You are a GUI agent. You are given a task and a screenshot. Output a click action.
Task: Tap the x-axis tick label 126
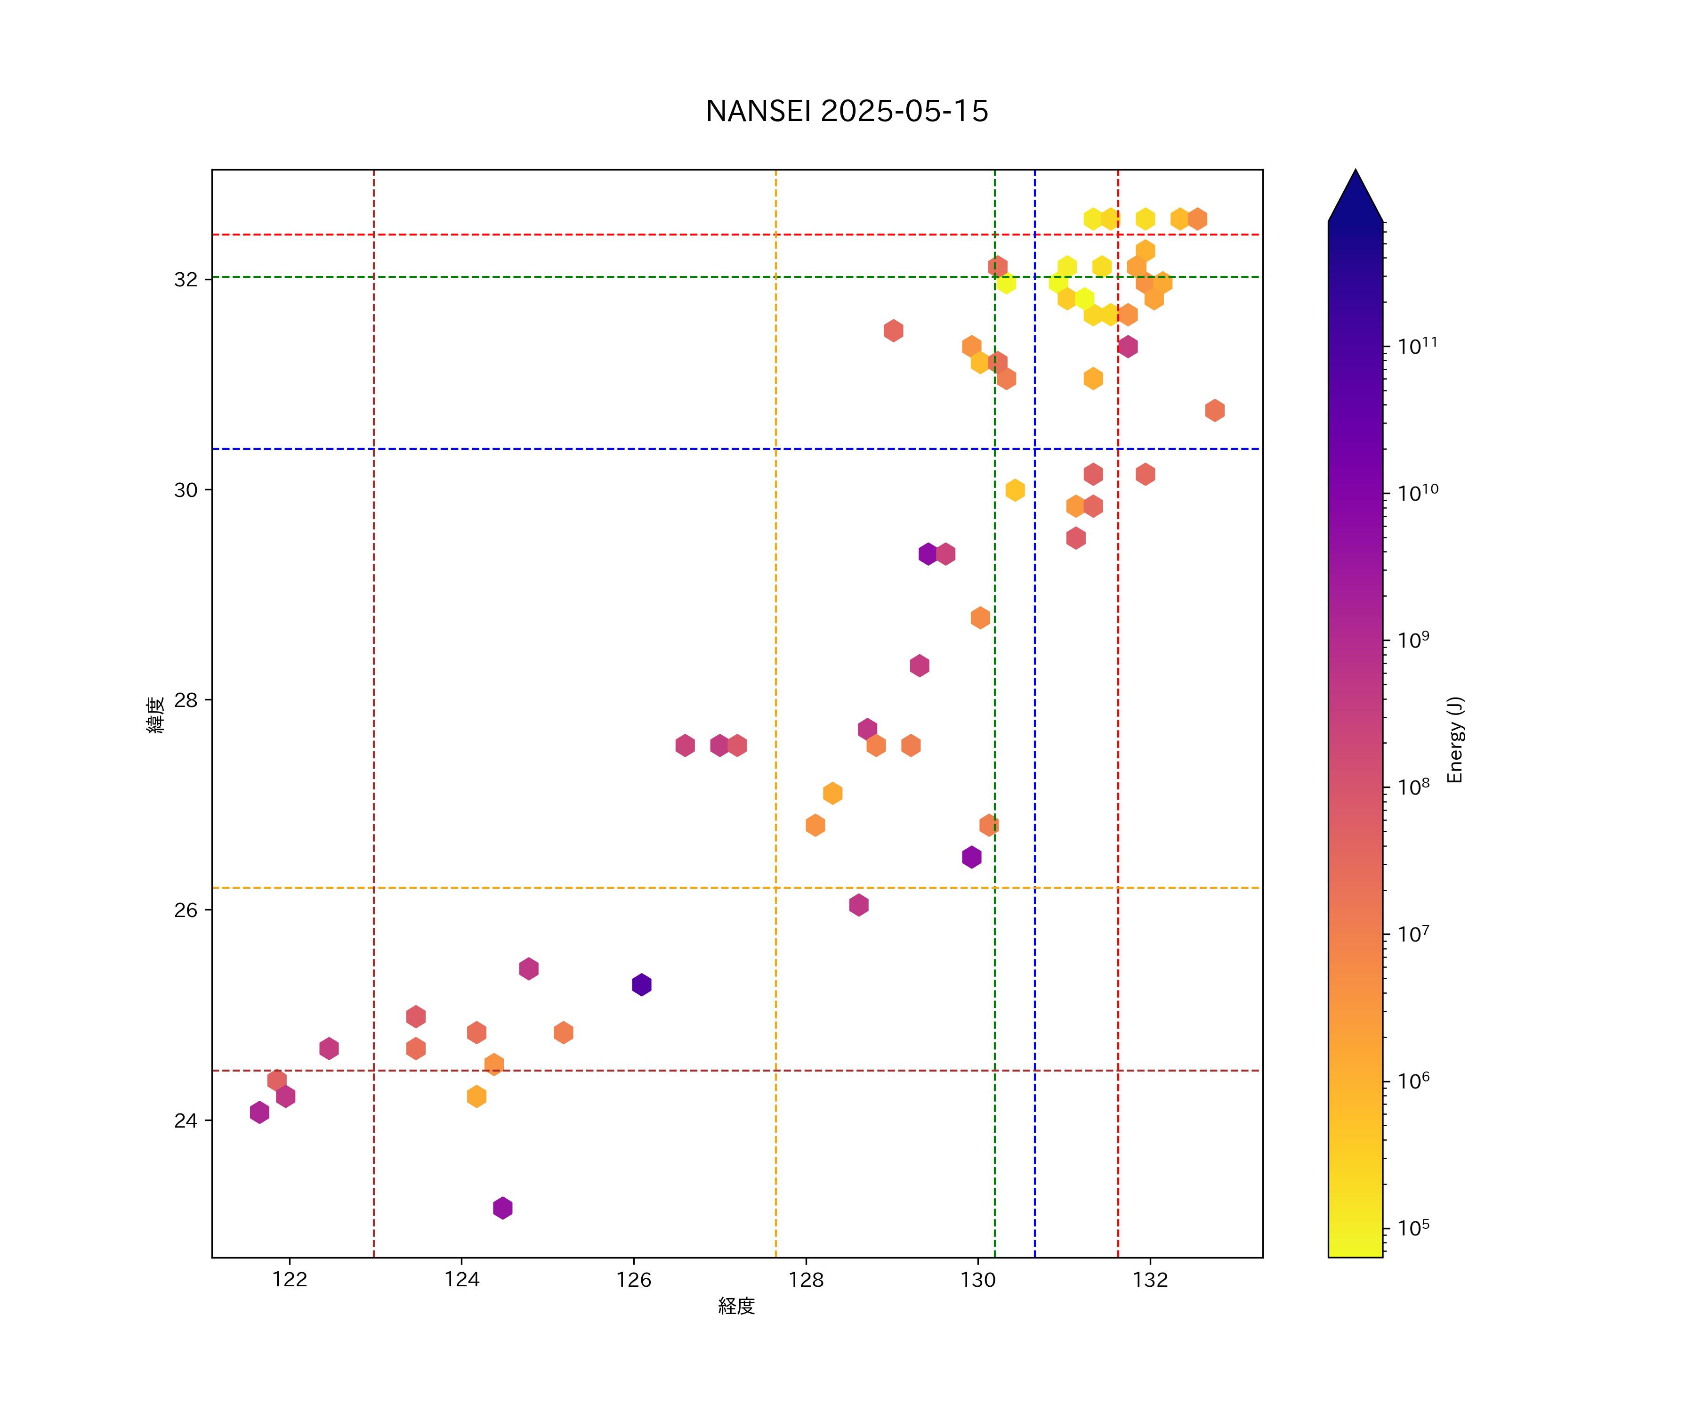[x=634, y=1280]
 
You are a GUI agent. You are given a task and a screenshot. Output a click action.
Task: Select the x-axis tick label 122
[x=290, y=1280]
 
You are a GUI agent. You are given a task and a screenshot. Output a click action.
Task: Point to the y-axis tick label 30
[x=186, y=490]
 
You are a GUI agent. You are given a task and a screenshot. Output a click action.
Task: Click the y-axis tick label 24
[x=186, y=1121]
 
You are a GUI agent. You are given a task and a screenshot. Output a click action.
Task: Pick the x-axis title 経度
[x=736, y=1307]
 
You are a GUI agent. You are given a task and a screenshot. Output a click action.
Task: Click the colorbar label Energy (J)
[x=1454, y=739]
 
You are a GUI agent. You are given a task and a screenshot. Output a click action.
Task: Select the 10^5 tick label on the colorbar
[x=1414, y=1228]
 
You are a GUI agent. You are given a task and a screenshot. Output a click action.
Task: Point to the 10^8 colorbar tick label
[x=1414, y=787]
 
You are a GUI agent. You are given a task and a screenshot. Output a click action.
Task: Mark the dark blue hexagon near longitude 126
[x=642, y=984]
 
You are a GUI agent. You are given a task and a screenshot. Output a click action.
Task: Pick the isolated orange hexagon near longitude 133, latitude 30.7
[x=1215, y=410]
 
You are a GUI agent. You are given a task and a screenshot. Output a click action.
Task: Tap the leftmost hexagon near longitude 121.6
[x=259, y=1112]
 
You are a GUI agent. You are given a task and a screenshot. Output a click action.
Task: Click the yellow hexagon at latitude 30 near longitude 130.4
[x=1015, y=490]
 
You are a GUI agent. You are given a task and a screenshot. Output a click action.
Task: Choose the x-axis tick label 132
[x=1150, y=1280]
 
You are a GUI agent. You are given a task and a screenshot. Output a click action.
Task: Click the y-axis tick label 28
[x=186, y=700]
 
